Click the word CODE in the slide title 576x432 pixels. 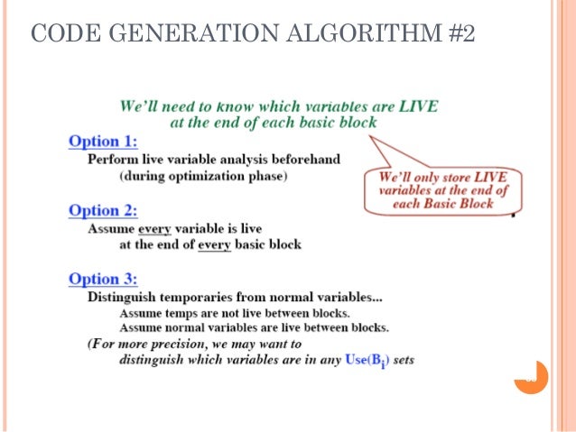click(58, 35)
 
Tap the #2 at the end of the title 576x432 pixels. click(458, 35)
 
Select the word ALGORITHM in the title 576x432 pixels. click(346, 35)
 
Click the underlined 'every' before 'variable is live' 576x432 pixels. click(154, 228)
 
